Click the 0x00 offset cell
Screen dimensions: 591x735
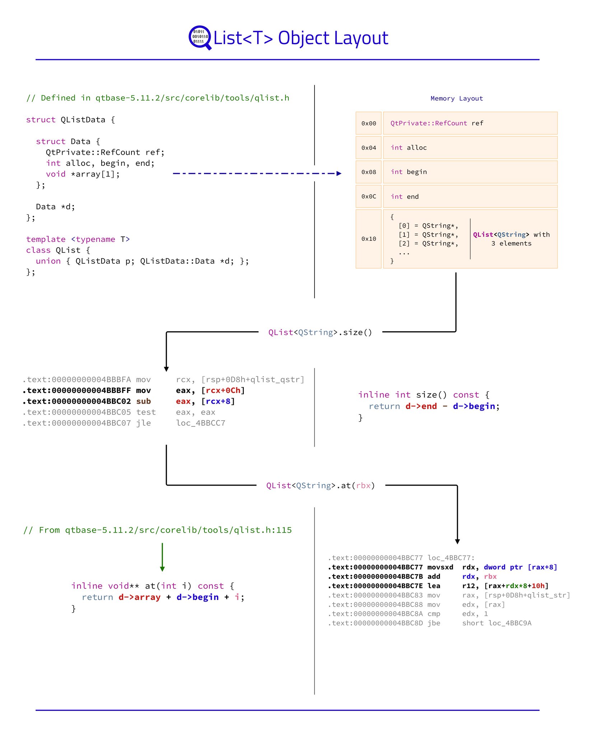368,123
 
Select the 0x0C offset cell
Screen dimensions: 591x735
368,196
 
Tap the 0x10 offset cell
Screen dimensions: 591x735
368,239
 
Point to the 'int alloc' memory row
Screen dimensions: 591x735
470,148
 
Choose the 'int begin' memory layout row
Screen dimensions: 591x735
470,172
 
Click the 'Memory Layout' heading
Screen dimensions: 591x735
457,98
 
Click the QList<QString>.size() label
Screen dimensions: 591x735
320,332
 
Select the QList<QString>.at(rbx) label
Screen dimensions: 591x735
320,486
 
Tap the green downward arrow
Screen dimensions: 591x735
162,557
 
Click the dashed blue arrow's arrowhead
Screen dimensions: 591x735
339,173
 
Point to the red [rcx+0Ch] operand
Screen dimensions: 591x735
223,390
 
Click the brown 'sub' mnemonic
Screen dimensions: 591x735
144,401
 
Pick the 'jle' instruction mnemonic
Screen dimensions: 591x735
144,423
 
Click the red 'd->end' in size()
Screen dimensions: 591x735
421,406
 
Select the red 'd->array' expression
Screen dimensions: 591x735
140,597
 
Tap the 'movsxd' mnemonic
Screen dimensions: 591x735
440,567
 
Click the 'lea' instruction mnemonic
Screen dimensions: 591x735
434,586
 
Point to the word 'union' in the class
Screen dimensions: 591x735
48,261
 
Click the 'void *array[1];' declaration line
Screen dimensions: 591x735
83,174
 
